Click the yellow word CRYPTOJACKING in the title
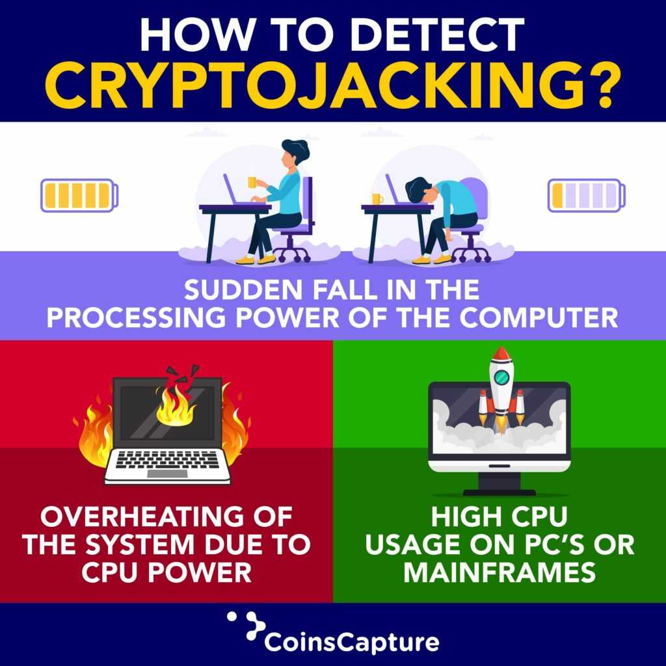pos(332,85)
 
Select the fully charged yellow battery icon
pos(79,195)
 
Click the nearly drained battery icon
pos(586,195)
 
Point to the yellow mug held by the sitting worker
pos(252,182)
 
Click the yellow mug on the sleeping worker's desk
pos(377,199)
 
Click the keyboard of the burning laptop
pos(168,460)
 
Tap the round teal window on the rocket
pos(500,377)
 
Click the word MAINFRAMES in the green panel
pos(499,572)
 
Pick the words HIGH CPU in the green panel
pos(499,518)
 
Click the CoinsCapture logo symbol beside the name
pos(245,627)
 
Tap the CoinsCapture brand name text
pos(351,641)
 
